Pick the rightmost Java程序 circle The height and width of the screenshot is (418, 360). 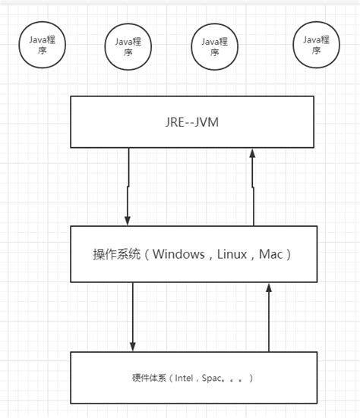coord(316,46)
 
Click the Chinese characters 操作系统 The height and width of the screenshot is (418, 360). coord(115,254)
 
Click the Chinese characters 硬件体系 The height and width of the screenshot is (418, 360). coord(148,377)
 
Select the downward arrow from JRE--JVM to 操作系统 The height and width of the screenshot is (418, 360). coord(129,186)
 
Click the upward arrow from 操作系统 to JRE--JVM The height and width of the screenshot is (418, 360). coord(252,186)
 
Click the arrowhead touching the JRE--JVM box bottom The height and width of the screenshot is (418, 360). coord(252,153)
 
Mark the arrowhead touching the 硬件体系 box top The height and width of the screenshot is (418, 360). coord(133,347)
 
